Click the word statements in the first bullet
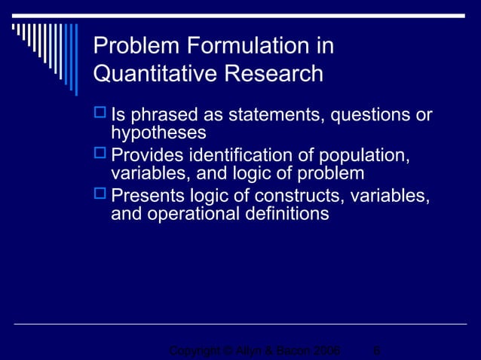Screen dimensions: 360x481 (x=252, y=116)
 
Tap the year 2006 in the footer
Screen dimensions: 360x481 (x=325, y=351)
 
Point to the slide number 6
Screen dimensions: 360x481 (x=376, y=351)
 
